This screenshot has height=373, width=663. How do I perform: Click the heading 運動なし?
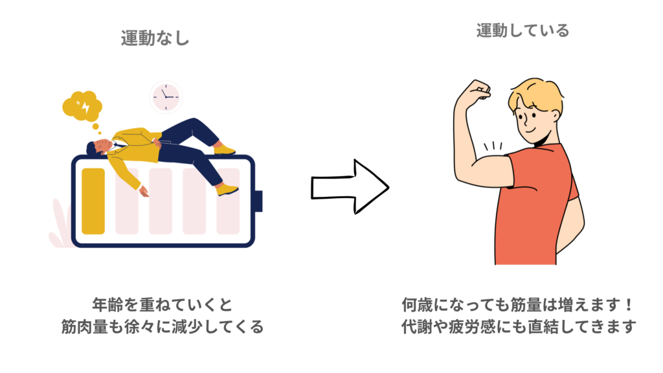point(155,38)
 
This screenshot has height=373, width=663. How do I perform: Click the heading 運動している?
point(513,30)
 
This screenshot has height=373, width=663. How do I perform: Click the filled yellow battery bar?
point(93,201)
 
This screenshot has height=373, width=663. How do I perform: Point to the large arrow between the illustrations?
point(350,186)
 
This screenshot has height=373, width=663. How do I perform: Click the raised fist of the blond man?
point(480,90)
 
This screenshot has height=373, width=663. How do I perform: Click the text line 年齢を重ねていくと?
point(162,303)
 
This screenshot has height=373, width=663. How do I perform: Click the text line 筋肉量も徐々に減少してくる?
point(162,327)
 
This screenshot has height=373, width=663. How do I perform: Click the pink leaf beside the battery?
point(59,223)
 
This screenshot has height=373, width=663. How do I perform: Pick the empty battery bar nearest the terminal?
point(227,201)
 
